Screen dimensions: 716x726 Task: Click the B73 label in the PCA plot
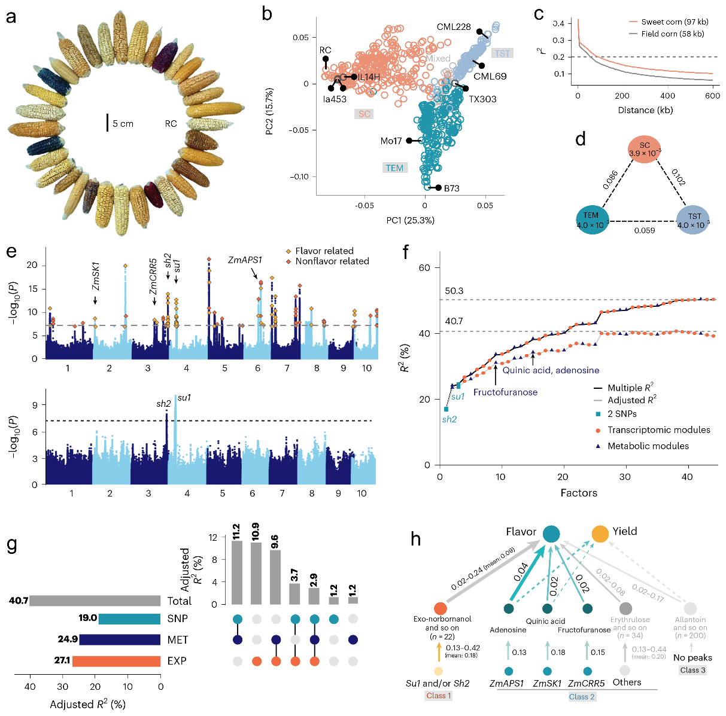tap(451, 188)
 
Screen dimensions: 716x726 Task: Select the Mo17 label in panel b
tap(391, 141)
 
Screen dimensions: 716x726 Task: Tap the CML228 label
tap(454, 27)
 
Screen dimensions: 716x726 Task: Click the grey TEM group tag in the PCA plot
tap(394, 168)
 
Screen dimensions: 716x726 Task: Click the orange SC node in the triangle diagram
tap(644, 150)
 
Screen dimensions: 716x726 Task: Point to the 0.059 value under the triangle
tap(644, 230)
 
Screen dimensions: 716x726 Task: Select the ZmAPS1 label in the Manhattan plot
tap(245, 260)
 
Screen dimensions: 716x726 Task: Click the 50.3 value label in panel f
tap(454, 291)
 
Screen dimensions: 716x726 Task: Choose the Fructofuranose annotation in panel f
tap(505, 392)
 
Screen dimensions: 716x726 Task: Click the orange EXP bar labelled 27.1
tap(116, 661)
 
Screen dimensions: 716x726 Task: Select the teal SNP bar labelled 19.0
tap(129, 618)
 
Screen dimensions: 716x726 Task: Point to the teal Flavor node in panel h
tap(551, 534)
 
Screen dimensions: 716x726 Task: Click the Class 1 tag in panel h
tap(439, 696)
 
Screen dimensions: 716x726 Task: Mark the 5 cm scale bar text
tap(123, 124)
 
